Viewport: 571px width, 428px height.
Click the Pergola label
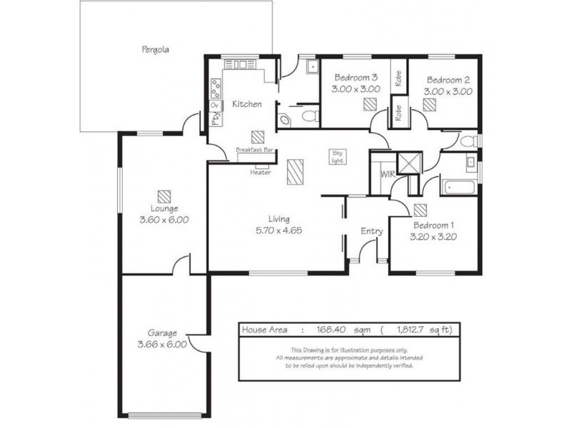[155, 49]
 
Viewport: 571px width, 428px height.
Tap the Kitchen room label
[247, 104]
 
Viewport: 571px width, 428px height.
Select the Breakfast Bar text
[255, 150]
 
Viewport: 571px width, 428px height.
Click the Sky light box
[337, 156]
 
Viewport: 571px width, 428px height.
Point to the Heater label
[261, 172]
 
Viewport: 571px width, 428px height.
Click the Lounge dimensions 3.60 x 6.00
[164, 220]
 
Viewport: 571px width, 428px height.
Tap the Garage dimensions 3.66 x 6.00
[162, 345]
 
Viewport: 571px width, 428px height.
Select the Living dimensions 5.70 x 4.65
[279, 230]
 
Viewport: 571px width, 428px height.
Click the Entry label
[372, 231]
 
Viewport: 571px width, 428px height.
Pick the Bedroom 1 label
[433, 225]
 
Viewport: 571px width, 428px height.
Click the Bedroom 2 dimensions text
[448, 91]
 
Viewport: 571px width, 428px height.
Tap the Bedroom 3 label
[356, 77]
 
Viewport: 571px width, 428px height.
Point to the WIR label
[388, 174]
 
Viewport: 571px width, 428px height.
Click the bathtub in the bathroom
[459, 187]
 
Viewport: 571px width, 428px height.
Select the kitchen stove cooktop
[216, 88]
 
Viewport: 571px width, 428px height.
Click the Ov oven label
[215, 106]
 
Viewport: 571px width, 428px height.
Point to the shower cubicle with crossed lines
[409, 163]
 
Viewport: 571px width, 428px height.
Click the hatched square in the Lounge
[164, 197]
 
